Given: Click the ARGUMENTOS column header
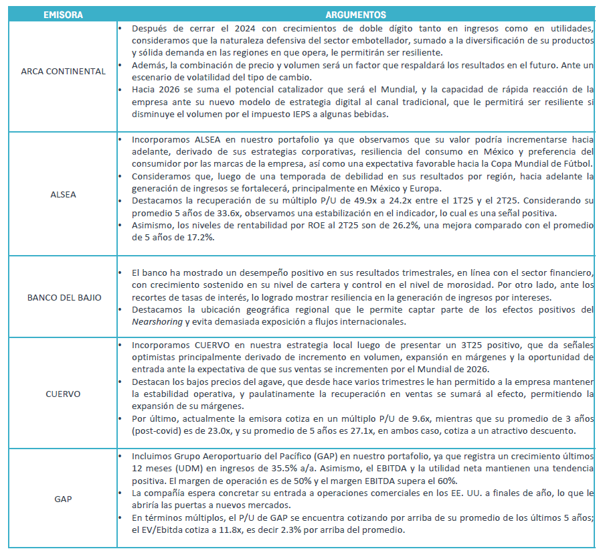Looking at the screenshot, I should point(355,14).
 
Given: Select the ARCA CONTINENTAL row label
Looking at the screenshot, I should point(63,72).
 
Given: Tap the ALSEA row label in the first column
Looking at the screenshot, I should point(63,195).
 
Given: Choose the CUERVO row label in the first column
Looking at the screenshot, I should point(63,394).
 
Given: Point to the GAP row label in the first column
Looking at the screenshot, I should point(63,499).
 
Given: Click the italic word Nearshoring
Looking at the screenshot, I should point(159,322).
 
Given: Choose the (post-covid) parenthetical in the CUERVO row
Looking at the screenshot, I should point(156,432).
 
